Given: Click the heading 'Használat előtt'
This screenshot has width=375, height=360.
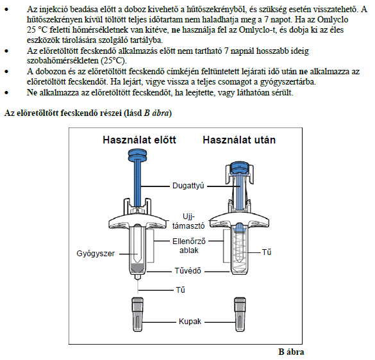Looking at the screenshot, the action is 139,140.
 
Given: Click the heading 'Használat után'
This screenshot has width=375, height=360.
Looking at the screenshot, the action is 239,140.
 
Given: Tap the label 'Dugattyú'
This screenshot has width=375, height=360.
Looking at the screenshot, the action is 188,186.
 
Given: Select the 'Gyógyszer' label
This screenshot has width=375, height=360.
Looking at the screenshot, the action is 96,254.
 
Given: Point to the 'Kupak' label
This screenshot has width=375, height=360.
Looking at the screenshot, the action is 190,322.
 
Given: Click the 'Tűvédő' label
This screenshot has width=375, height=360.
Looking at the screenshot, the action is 188,271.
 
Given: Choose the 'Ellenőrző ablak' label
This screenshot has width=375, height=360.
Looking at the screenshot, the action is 189,246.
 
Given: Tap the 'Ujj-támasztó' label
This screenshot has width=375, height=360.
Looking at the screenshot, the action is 188,221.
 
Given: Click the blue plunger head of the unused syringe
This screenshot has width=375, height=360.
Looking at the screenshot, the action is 138,156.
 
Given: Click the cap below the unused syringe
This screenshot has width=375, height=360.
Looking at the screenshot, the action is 138,315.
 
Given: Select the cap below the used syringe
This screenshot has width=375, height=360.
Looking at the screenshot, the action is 240,315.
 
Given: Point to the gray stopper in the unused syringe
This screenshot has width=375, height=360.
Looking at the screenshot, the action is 137,268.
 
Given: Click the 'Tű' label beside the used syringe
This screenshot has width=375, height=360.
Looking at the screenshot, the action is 267,252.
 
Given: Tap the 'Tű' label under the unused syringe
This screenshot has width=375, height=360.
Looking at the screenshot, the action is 181,290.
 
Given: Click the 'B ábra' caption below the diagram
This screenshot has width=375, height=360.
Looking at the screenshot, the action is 291,352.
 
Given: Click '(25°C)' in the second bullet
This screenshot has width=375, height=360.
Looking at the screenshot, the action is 114,61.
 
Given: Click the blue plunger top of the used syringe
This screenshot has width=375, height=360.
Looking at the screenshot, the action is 240,167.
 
